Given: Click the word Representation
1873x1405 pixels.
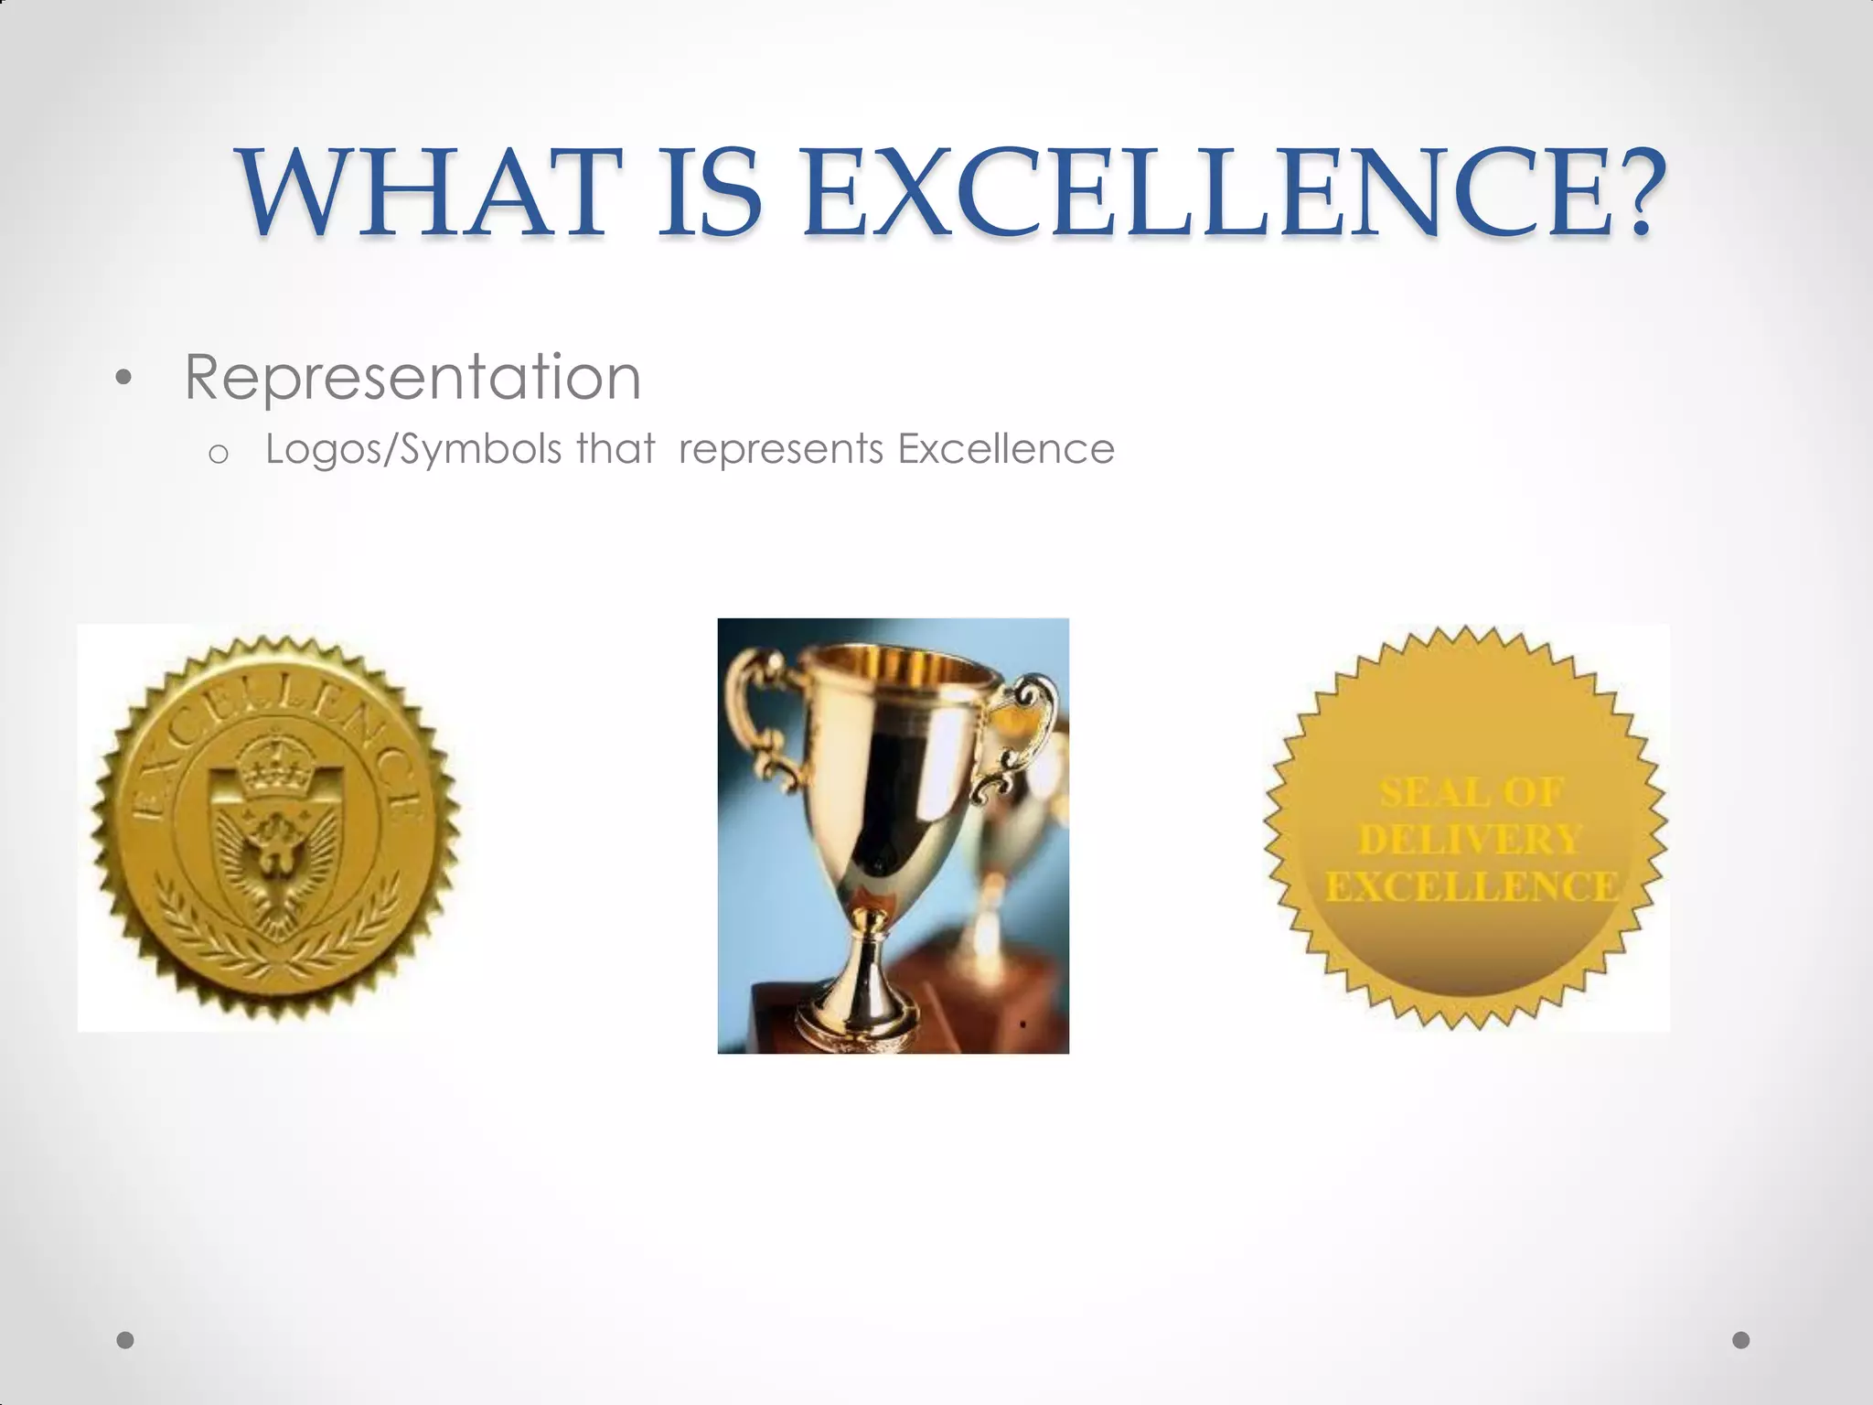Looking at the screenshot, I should tap(412, 377).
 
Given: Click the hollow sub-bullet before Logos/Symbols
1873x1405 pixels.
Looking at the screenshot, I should tap(218, 453).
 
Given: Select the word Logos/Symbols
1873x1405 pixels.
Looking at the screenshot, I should tap(413, 450).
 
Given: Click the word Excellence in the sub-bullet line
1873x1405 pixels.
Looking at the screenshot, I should tap(1006, 449).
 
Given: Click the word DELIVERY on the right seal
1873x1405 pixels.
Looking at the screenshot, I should tap(1470, 840).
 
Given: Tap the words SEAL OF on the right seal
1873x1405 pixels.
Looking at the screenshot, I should tap(1471, 793).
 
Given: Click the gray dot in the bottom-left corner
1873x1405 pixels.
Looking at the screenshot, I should tap(125, 1340).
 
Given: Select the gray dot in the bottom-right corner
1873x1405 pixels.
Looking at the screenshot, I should tap(1741, 1340).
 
